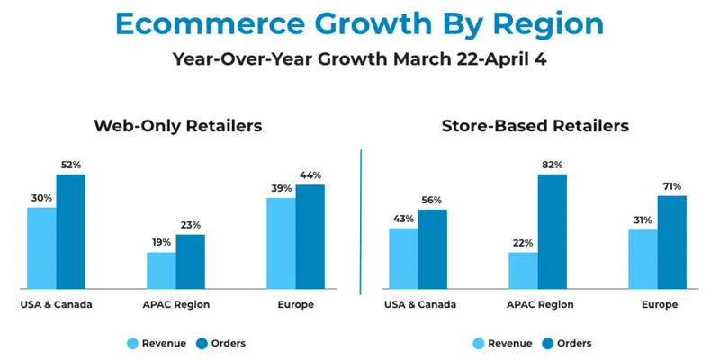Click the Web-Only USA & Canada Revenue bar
pos(41,247)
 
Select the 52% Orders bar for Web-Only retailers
pos(70,231)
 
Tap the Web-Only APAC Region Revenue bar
pos(161,270)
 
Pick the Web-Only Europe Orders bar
pos(310,237)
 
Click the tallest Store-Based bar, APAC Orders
pos(553,231)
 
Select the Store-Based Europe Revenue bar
pos(643,259)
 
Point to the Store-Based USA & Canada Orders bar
pos(432,249)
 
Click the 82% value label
pos(553,165)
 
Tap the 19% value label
pos(160,243)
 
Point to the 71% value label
pos(672,186)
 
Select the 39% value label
pos(280,188)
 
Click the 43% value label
pos(402,219)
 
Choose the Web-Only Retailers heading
pos(177,126)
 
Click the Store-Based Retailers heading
pos(535,126)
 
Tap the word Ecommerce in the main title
pos(208,24)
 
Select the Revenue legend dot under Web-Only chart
pos(133,343)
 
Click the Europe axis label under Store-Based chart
pos(658,305)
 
